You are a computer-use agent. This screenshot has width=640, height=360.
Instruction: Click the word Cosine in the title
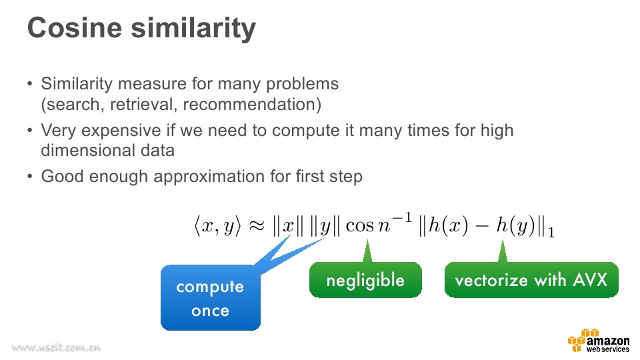75,28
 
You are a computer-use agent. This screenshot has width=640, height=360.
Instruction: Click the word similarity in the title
193,29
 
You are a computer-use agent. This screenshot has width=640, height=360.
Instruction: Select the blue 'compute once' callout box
211,297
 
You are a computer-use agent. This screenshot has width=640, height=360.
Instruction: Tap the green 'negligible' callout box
365,280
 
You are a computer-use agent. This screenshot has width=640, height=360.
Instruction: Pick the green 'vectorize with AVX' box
531,280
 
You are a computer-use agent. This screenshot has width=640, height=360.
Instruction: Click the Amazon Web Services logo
599,341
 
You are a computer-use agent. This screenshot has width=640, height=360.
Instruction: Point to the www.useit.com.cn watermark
56,347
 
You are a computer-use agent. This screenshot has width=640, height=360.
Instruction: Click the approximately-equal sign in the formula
257,225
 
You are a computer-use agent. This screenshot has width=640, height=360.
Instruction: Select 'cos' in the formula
359,226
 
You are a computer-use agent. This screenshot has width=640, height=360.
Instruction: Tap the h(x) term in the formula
449,225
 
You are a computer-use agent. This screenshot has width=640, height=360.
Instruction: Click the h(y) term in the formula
515,225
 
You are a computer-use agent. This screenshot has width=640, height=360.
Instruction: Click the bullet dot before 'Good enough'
29,176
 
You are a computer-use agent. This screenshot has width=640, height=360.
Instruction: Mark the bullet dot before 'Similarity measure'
29,84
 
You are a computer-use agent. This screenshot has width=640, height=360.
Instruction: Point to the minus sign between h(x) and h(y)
482,226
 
